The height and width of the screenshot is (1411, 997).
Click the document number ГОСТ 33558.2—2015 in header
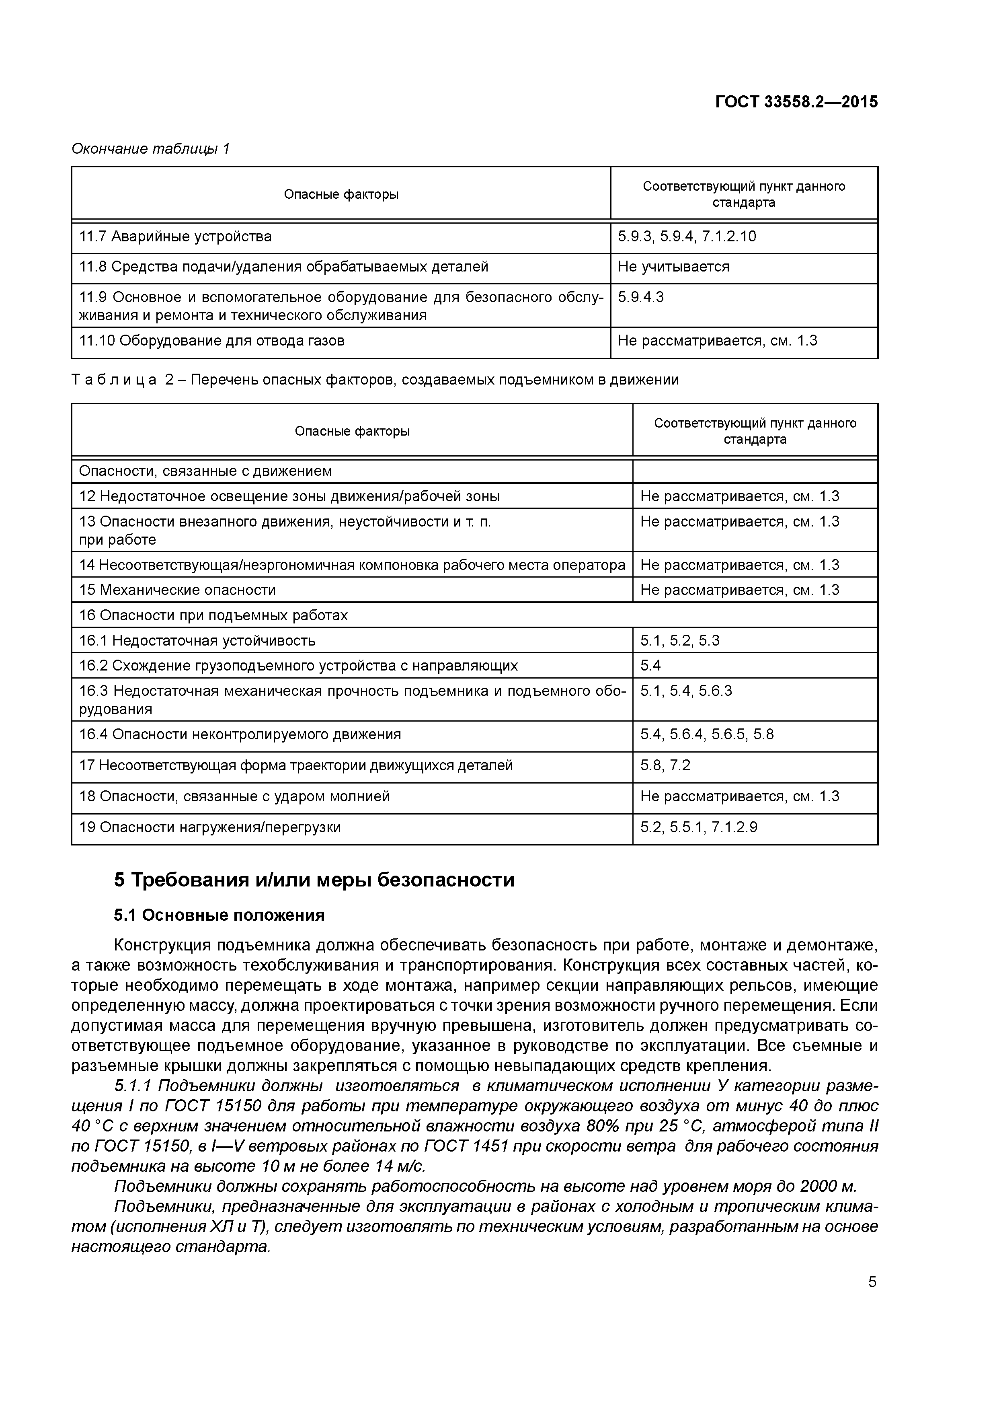796,102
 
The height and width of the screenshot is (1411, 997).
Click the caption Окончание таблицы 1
150,149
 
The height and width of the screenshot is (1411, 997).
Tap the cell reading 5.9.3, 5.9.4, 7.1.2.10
687,237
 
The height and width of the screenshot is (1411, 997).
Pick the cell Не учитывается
673,267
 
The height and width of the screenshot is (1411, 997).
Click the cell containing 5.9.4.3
641,297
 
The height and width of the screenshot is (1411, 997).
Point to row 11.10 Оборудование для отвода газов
212,341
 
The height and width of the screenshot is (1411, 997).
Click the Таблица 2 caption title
375,380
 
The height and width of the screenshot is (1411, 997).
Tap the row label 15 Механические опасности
178,590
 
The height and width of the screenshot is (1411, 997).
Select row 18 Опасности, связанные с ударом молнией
235,796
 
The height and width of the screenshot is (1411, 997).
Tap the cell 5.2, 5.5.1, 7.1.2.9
698,827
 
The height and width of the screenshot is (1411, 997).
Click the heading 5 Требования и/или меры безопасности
314,880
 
